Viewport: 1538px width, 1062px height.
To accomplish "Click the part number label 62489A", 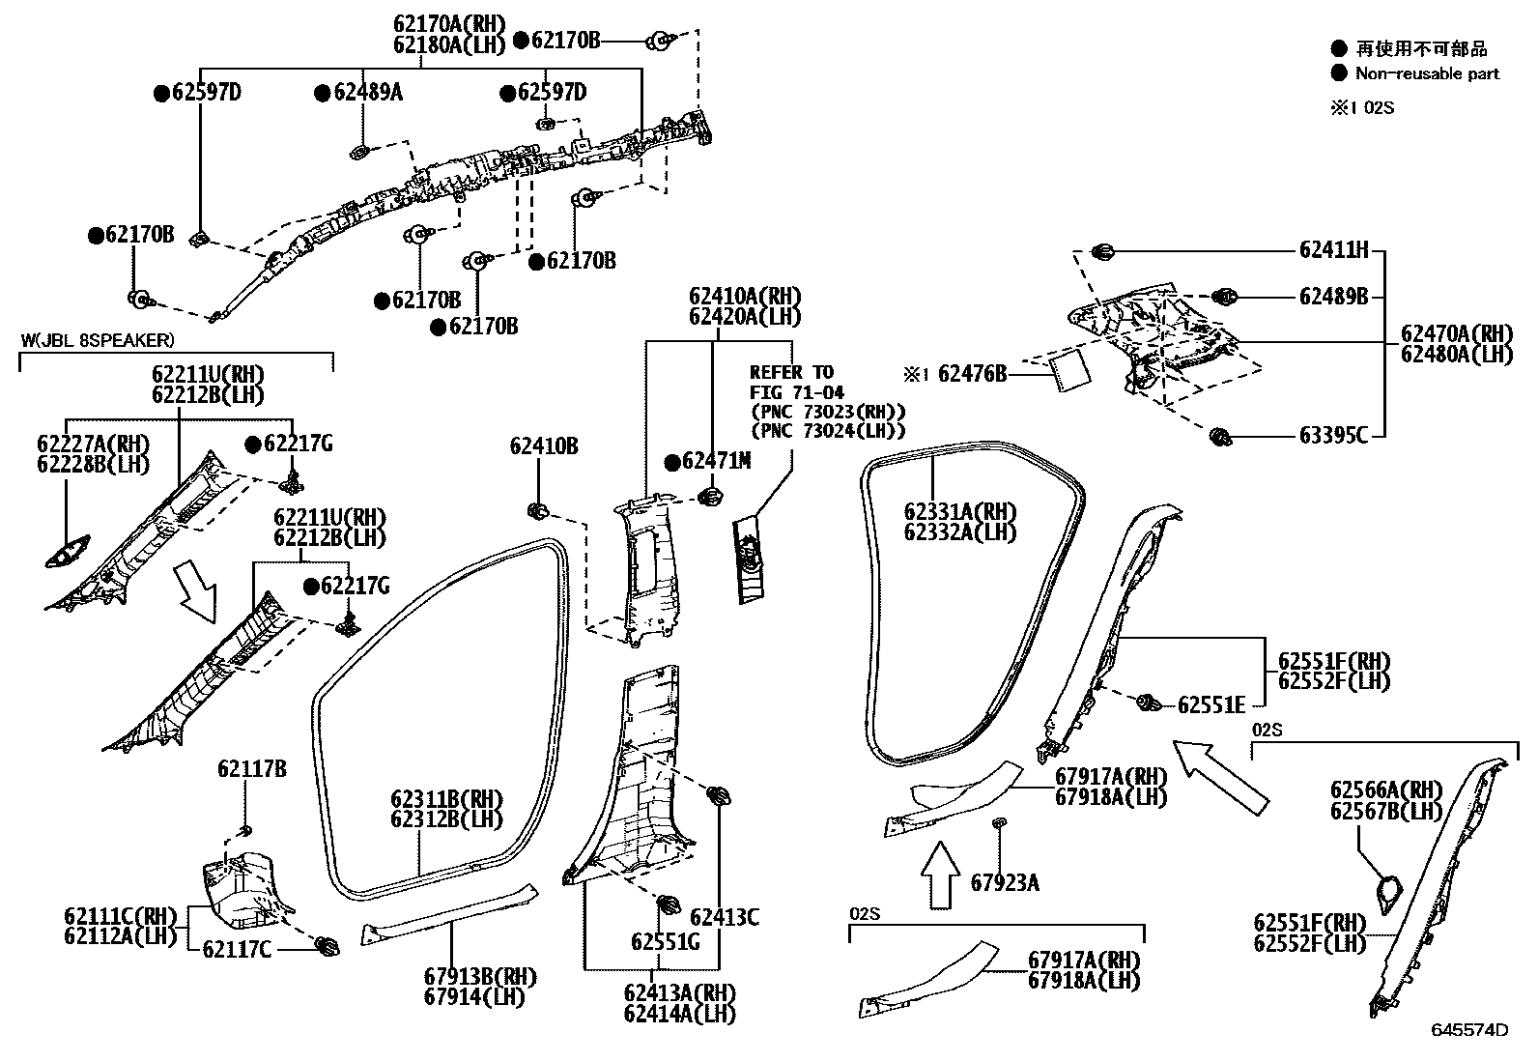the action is [368, 92].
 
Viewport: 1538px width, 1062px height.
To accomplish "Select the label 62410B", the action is [544, 446].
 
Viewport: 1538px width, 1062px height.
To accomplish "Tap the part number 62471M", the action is [716, 461].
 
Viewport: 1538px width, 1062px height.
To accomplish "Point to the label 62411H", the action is [1333, 250].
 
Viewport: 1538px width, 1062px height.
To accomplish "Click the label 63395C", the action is [1333, 436].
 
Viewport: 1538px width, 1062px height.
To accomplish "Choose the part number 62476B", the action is [972, 374].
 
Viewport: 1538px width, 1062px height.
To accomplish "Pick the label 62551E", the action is [1211, 705].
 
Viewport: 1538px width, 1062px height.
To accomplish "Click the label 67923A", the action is [1005, 882].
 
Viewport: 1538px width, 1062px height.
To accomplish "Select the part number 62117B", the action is [252, 769].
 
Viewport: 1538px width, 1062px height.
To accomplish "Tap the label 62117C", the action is [237, 950].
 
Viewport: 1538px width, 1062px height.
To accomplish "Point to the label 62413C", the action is [725, 918].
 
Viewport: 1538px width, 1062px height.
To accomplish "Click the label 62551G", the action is [666, 942].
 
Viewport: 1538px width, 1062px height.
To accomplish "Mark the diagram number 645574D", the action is [1470, 1030].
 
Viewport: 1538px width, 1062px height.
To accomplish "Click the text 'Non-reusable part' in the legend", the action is [1428, 74].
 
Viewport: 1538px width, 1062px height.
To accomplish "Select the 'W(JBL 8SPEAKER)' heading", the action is [98, 340].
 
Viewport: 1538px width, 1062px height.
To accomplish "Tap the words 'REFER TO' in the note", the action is [791, 373].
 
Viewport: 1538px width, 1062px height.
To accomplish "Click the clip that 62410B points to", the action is [537, 512].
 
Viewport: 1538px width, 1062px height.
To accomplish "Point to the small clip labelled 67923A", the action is [1000, 822].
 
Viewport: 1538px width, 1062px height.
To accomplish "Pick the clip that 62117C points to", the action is [327, 946].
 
